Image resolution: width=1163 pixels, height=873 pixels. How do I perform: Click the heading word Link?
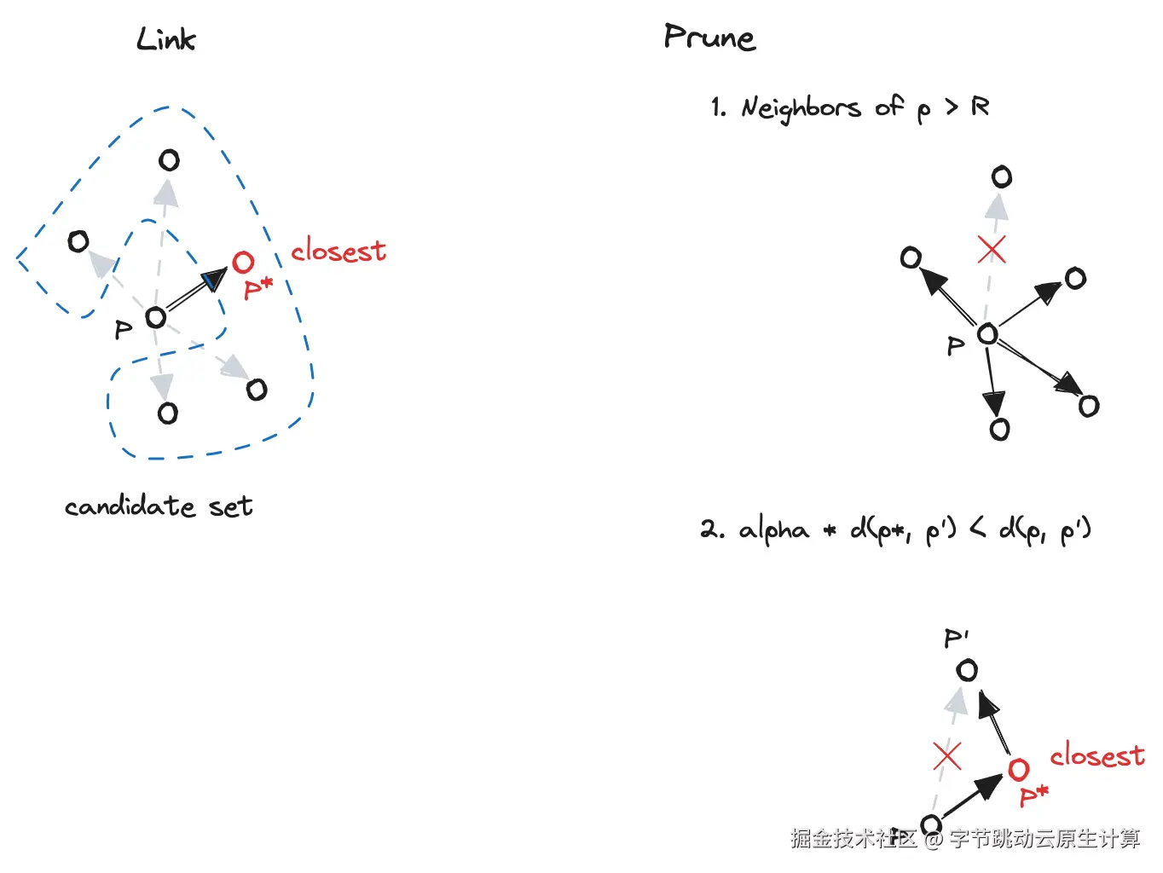[x=165, y=39]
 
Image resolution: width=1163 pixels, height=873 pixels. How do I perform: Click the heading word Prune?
[x=709, y=38]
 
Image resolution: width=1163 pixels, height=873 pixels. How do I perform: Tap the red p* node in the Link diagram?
[x=243, y=263]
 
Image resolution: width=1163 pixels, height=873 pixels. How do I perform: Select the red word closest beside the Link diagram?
[x=338, y=251]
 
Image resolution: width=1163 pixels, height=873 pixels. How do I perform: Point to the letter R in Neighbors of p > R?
[x=980, y=107]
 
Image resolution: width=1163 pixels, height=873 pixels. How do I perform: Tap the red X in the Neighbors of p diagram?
[x=991, y=249]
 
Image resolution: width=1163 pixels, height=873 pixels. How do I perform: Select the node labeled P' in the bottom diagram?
[x=967, y=670]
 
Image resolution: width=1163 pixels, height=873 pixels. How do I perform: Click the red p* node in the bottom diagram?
[x=1018, y=770]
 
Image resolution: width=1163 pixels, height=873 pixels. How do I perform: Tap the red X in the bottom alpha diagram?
[x=946, y=756]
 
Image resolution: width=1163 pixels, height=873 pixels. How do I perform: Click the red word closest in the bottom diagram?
[x=1096, y=755]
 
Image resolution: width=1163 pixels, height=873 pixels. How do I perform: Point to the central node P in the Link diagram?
[x=155, y=318]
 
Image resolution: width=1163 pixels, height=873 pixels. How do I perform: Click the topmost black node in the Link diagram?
[x=169, y=160]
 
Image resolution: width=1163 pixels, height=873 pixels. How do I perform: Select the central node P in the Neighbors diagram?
[x=987, y=334]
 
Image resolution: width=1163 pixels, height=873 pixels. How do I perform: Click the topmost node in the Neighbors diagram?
[x=1002, y=177]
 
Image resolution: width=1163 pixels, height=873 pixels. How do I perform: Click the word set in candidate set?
[x=230, y=507]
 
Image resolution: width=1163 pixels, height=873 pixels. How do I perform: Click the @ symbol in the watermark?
[x=934, y=840]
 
